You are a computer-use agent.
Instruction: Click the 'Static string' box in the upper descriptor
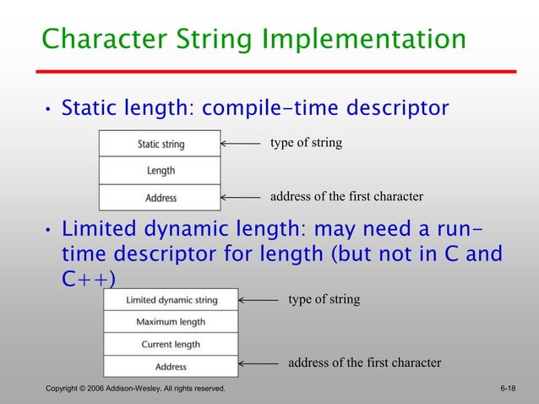pyautogui.click(x=160, y=144)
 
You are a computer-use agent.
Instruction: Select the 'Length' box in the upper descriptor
pyautogui.click(x=160, y=171)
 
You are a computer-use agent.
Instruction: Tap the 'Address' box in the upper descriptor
pyautogui.click(x=160, y=198)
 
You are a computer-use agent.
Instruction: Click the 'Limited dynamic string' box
pyautogui.click(x=171, y=300)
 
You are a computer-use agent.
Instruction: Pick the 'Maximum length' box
pyautogui.click(x=171, y=322)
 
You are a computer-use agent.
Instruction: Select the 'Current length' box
pyautogui.click(x=171, y=344)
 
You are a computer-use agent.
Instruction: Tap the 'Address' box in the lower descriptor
pyautogui.click(x=171, y=366)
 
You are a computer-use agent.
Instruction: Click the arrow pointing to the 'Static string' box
pyautogui.click(x=241, y=144)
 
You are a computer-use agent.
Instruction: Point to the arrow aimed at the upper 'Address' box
pyautogui.click(x=241, y=198)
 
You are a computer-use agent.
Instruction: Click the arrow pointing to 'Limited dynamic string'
pyautogui.click(x=259, y=300)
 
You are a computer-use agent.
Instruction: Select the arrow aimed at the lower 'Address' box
pyautogui.click(x=259, y=366)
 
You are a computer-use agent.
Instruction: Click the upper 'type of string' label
pyautogui.click(x=306, y=143)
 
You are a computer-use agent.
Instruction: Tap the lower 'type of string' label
pyautogui.click(x=324, y=299)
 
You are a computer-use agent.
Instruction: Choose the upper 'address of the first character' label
pyautogui.click(x=346, y=197)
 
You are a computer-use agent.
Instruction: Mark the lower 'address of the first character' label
pyautogui.click(x=365, y=363)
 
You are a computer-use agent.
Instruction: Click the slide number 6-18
pyautogui.click(x=508, y=389)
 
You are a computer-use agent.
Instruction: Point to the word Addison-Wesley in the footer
pyautogui.click(x=133, y=389)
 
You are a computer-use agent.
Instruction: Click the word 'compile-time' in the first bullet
pyautogui.click(x=282, y=109)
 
